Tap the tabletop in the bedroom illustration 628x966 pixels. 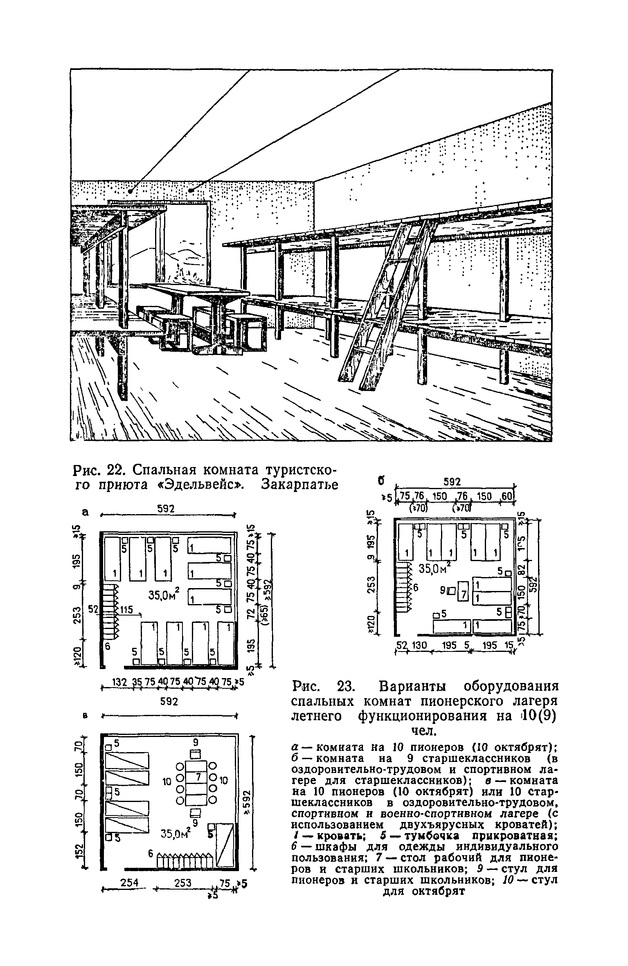point(196,291)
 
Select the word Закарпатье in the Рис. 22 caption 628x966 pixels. point(300,485)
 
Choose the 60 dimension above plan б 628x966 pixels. point(506,496)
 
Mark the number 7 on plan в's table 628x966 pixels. point(197,776)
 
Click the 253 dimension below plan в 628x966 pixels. point(183,883)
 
